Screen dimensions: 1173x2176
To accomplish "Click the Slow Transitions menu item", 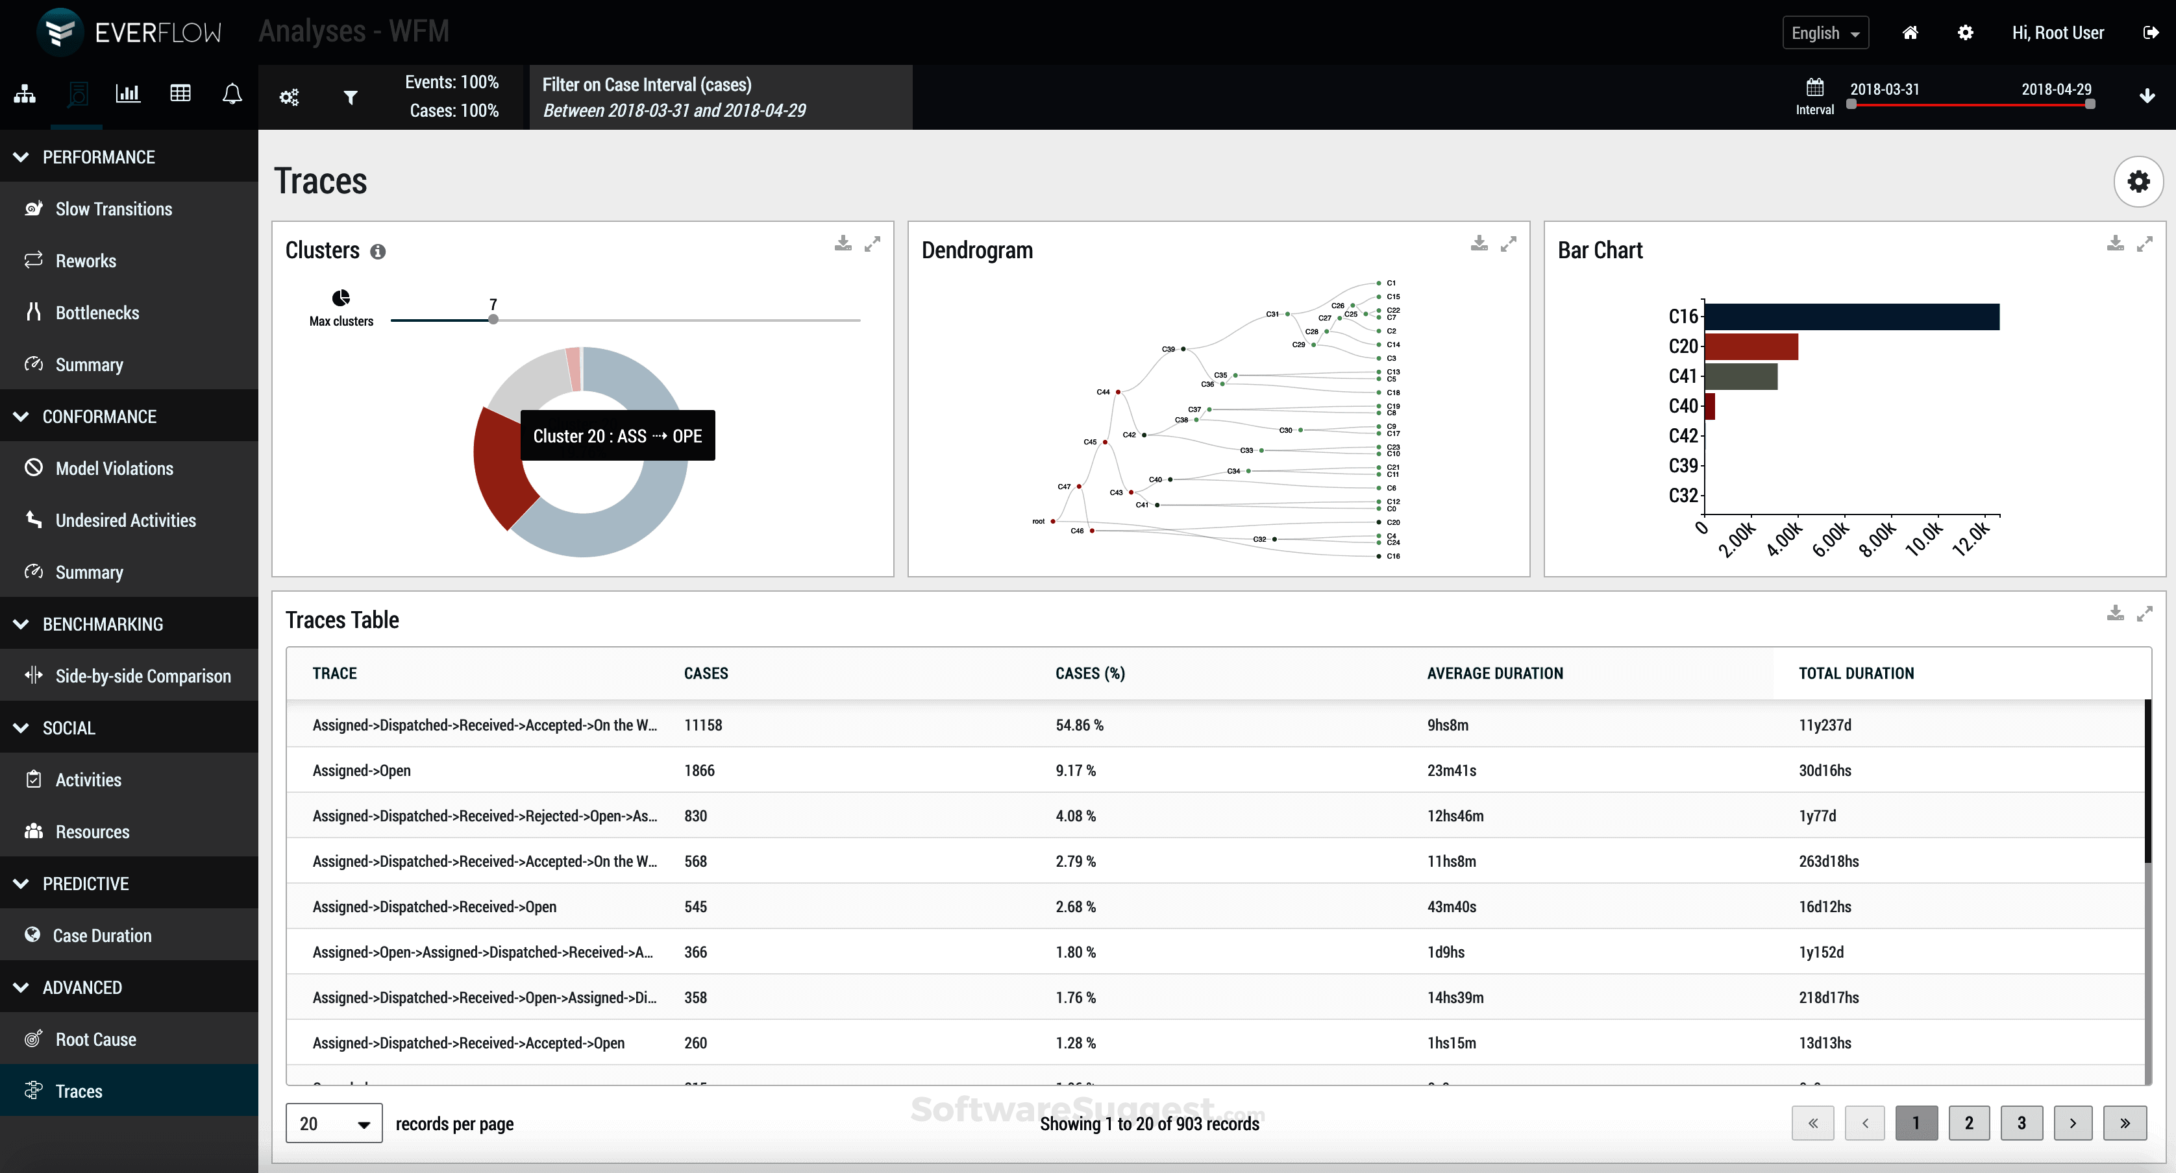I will tap(113, 209).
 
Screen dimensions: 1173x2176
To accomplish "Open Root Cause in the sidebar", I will tap(95, 1039).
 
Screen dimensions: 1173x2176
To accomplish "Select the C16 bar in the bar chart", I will tap(1851, 317).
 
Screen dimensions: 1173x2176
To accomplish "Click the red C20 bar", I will tap(1750, 346).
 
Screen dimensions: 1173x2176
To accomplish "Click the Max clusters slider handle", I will tap(493, 320).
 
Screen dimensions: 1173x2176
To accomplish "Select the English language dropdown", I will tap(1825, 33).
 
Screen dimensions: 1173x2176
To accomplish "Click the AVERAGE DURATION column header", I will tap(1494, 673).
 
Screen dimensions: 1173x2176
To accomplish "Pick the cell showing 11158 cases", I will tap(703, 725).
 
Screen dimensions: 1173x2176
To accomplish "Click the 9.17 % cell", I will tap(1075, 770).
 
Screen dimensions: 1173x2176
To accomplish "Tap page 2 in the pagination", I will tap(1968, 1123).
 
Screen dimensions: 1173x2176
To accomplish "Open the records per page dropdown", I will tap(334, 1123).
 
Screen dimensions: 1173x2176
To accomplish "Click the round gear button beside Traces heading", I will tap(2138, 181).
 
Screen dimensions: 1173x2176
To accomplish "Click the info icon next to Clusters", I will tap(378, 252).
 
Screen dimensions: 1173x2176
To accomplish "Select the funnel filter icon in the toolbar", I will tap(351, 97).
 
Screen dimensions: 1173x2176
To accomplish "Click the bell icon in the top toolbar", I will tap(232, 93).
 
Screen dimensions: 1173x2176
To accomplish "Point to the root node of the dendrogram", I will tap(1052, 521).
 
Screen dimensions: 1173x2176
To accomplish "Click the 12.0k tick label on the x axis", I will tap(1972, 538).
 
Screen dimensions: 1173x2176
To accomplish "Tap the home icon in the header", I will tap(1910, 33).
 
